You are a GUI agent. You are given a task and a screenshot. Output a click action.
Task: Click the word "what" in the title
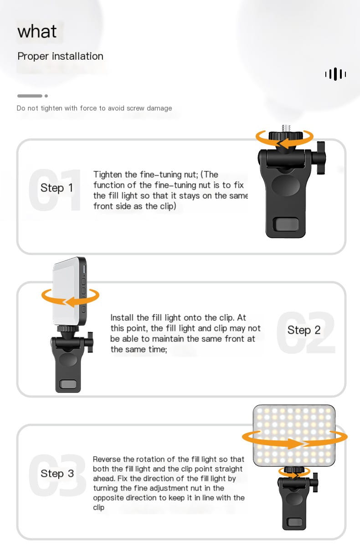[37, 31]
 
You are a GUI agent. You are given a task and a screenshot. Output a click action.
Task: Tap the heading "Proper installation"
[60, 56]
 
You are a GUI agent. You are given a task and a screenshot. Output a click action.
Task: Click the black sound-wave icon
[335, 74]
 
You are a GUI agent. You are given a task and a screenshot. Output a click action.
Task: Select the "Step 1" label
[57, 188]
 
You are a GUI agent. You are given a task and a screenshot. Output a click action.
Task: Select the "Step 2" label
[304, 330]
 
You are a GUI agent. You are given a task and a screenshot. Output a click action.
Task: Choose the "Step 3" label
[57, 474]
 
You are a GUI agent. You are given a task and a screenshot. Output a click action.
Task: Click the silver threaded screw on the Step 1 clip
[286, 128]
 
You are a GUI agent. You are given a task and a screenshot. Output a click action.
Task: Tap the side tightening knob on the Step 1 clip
[321, 158]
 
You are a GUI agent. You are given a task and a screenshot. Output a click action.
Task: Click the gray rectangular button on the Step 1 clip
[286, 224]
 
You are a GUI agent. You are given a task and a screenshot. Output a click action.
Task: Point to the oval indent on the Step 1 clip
[286, 185]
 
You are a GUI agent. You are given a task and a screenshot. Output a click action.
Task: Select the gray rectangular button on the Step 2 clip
[68, 384]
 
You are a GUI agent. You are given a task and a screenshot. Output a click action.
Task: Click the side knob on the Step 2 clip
[90, 342]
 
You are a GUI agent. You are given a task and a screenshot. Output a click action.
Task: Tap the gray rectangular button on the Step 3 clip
[295, 522]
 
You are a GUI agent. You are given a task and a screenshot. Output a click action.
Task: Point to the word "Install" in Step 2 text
[122, 318]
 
